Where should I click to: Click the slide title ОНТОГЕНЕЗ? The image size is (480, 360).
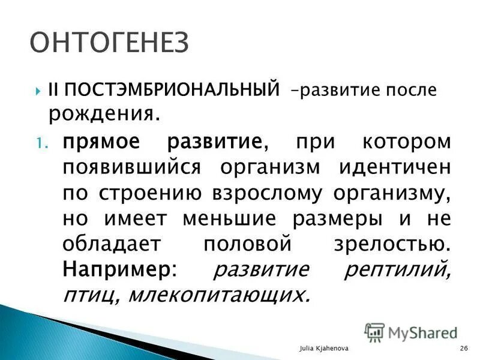tap(109, 42)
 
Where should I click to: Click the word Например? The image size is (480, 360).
tap(116, 269)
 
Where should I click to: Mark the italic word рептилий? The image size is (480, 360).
tap(397, 269)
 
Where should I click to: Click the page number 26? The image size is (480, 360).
tap(464, 349)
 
